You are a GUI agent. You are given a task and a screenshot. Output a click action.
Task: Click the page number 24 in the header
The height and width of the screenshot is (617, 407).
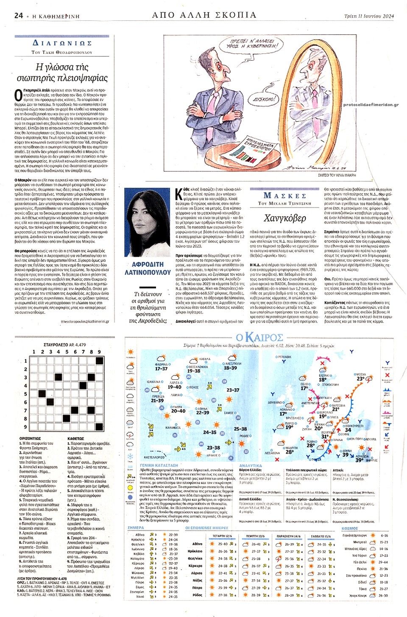[18, 16]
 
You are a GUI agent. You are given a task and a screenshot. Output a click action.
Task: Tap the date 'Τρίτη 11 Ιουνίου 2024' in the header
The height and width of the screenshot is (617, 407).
[369, 16]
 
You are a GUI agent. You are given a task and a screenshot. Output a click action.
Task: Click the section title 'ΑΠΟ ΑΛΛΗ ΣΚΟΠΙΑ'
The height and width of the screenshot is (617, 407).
[204, 15]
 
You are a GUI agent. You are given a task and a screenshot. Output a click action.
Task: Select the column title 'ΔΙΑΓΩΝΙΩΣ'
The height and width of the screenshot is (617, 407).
[62, 43]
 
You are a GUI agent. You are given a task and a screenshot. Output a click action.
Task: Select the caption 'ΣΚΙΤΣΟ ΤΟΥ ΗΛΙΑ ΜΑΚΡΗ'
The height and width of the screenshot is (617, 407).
[337, 175]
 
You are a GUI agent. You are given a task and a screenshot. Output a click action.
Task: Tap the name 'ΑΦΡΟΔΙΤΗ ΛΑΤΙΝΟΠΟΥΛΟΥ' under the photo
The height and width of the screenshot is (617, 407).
[148, 268]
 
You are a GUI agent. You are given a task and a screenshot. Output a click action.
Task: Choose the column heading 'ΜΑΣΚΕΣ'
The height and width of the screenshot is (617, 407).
[285, 196]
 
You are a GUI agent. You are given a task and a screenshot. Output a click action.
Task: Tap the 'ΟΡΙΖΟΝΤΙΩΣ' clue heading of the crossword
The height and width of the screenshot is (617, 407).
[30, 438]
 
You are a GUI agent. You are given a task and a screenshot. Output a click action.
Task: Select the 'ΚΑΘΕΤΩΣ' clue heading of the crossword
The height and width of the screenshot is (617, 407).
[75, 438]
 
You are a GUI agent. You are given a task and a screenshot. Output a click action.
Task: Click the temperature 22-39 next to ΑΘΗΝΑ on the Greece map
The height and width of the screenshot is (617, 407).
[203, 412]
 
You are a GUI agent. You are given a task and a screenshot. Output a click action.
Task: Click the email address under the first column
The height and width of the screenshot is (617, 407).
[84, 321]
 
